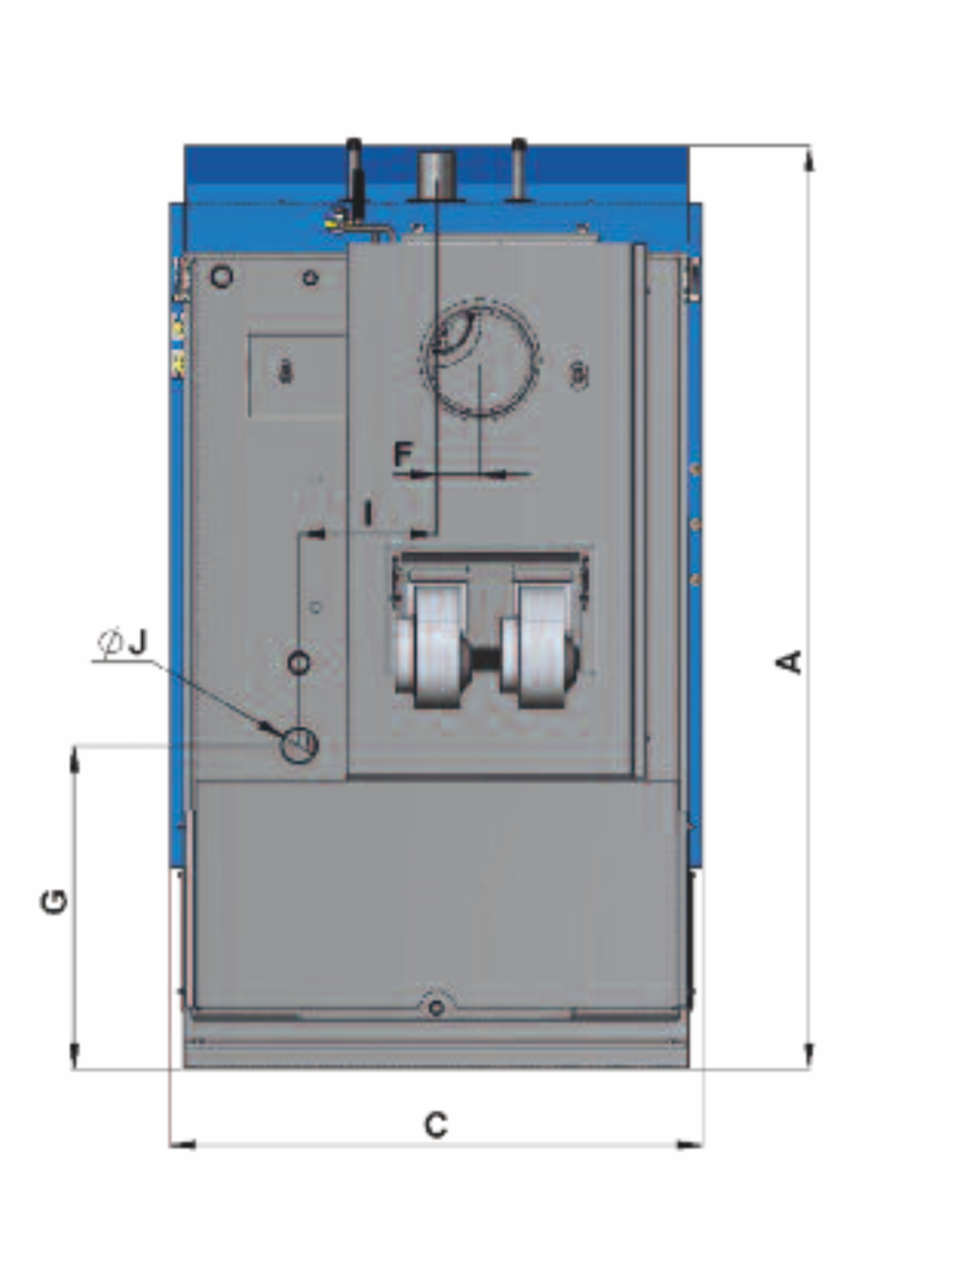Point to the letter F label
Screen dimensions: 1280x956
(x=402, y=454)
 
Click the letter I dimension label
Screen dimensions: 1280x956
(x=368, y=513)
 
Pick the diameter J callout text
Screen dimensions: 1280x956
(x=124, y=642)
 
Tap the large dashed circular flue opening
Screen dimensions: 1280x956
(x=480, y=359)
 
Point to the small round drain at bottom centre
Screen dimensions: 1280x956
(x=436, y=1007)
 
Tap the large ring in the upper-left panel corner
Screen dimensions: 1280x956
(x=222, y=277)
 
